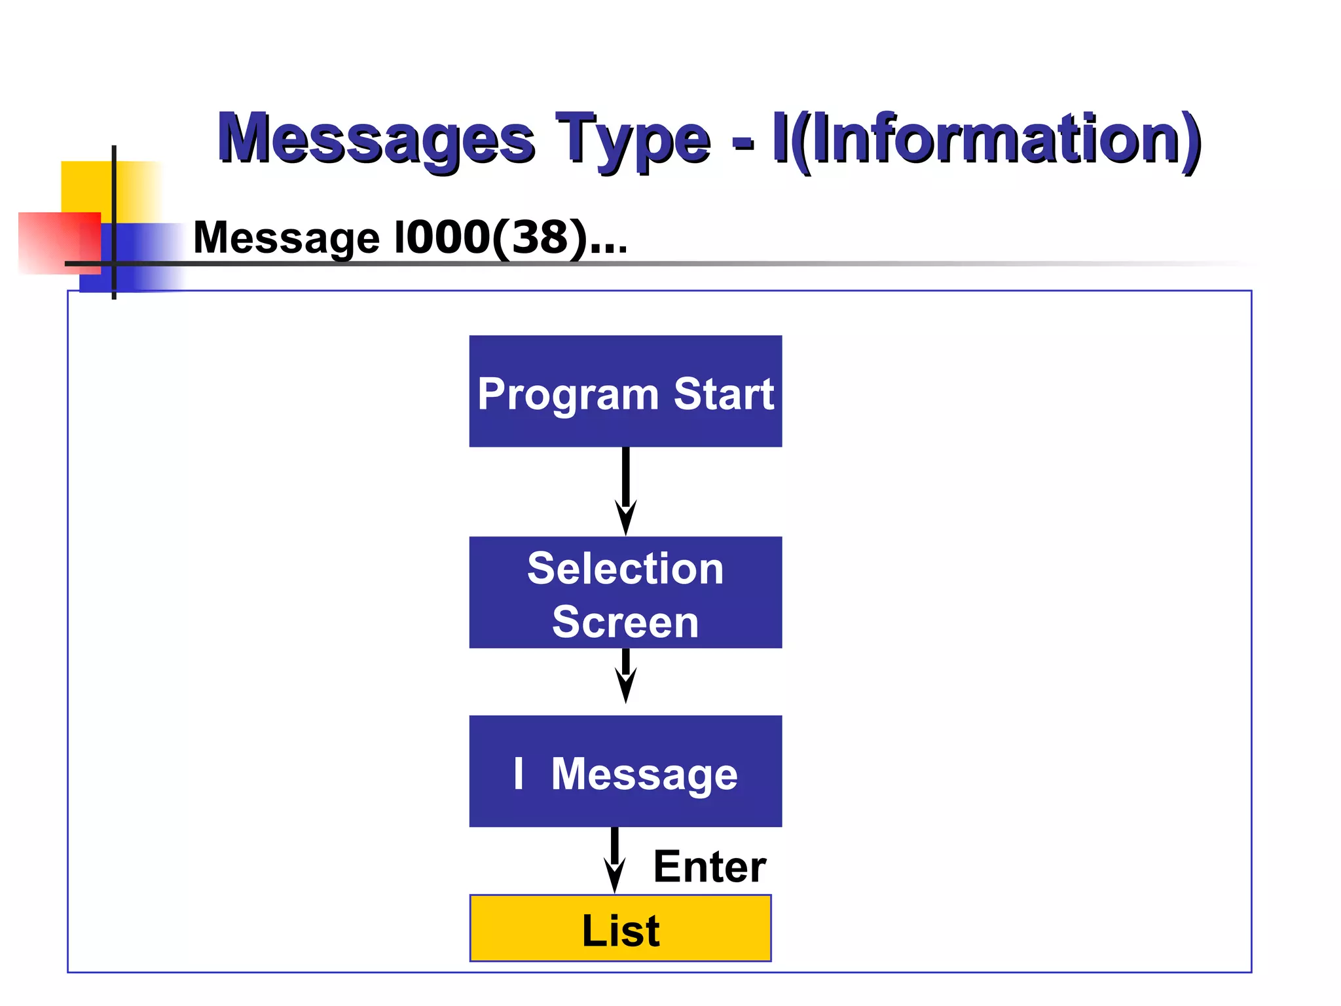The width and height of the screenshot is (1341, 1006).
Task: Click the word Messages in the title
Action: tap(376, 139)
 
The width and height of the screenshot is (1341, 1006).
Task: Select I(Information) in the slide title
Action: tap(986, 139)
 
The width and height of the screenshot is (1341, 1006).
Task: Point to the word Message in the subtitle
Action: tap(286, 238)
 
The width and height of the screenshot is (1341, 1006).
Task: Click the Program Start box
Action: tap(625, 391)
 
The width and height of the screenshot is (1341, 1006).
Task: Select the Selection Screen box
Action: tap(625, 592)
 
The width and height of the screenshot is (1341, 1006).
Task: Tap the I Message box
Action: tap(625, 771)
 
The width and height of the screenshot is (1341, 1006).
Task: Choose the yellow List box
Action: tap(620, 928)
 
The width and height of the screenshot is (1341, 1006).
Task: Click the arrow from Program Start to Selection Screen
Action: tap(626, 491)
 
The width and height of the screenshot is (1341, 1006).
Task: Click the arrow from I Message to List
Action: tap(614, 860)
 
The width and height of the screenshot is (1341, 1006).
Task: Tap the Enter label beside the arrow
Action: tap(709, 867)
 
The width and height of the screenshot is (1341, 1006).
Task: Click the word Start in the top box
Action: tap(724, 394)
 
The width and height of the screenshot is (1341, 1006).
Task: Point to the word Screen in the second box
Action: tap(625, 622)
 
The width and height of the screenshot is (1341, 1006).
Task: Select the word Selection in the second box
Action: tap(625, 568)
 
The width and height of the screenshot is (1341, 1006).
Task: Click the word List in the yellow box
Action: tap(620, 930)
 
